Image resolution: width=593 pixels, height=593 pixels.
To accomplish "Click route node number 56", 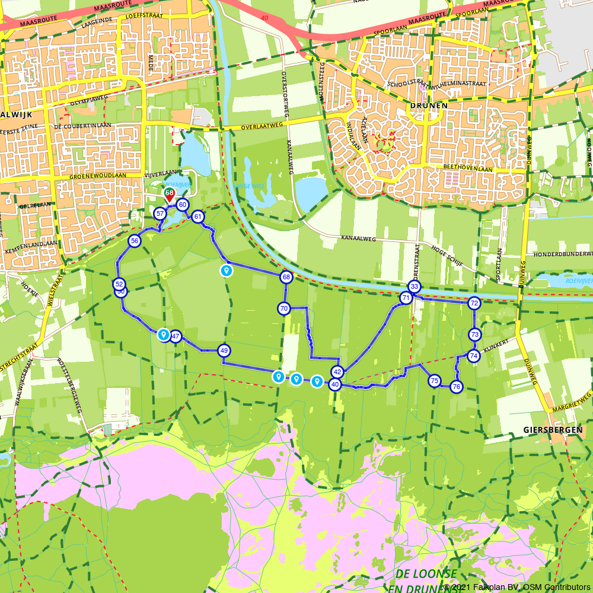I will (x=135, y=241).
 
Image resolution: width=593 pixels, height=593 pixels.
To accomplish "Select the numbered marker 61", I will (x=198, y=216).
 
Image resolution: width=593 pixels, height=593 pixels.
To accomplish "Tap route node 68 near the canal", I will (x=286, y=277).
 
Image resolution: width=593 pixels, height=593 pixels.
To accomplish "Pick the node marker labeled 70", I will (x=283, y=308).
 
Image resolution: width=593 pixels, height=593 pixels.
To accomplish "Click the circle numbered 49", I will (x=224, y=350).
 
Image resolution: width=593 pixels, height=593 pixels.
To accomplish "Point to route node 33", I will (x=415, y=287).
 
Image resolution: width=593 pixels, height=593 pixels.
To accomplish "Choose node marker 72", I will (x=474, y=303).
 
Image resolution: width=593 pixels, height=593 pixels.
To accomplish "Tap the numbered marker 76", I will (x=456, y=387).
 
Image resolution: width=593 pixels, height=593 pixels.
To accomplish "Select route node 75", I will (x=435, y=381).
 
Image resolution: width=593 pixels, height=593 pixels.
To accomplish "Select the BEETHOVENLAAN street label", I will (x=469, y=168).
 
